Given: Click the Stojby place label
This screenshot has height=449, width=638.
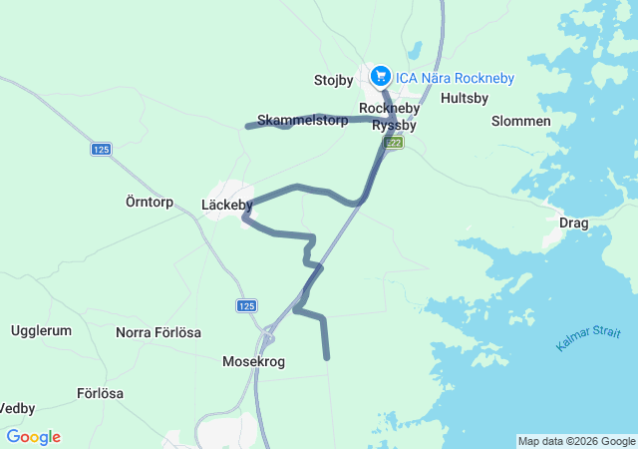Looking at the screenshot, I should (334, 80).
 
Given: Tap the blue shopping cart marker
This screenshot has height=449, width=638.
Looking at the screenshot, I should (380, 75).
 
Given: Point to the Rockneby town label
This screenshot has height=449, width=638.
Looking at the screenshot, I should (389, 108).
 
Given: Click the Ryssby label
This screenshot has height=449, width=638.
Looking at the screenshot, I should (394, 126).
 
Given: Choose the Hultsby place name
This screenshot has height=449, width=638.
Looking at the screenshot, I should (464, 99).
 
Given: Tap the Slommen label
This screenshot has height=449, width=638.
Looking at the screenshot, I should (520, 121).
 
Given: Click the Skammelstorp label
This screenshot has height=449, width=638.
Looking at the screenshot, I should (302, 120).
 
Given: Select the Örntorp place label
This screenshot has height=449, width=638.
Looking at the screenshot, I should (150, 202).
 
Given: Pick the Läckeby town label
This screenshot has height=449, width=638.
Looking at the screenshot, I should (226, 205).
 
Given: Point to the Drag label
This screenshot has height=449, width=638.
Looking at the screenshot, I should (574, 223).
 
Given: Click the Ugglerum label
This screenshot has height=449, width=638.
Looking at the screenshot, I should (41, 330).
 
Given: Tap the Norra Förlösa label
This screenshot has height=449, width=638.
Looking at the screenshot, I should (159, 332).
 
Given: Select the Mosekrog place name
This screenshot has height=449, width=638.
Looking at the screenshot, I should (253, 362).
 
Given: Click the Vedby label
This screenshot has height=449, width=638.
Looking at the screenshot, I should (17, 408).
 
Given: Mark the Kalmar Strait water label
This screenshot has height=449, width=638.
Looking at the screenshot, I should (588, 339).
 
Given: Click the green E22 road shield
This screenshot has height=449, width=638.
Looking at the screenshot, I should (395, 144).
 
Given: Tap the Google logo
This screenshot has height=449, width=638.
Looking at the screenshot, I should (33, 437).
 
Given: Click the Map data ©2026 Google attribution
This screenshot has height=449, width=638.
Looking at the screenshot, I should (575, 441).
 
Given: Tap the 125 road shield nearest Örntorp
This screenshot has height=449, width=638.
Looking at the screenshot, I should (101, 149).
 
